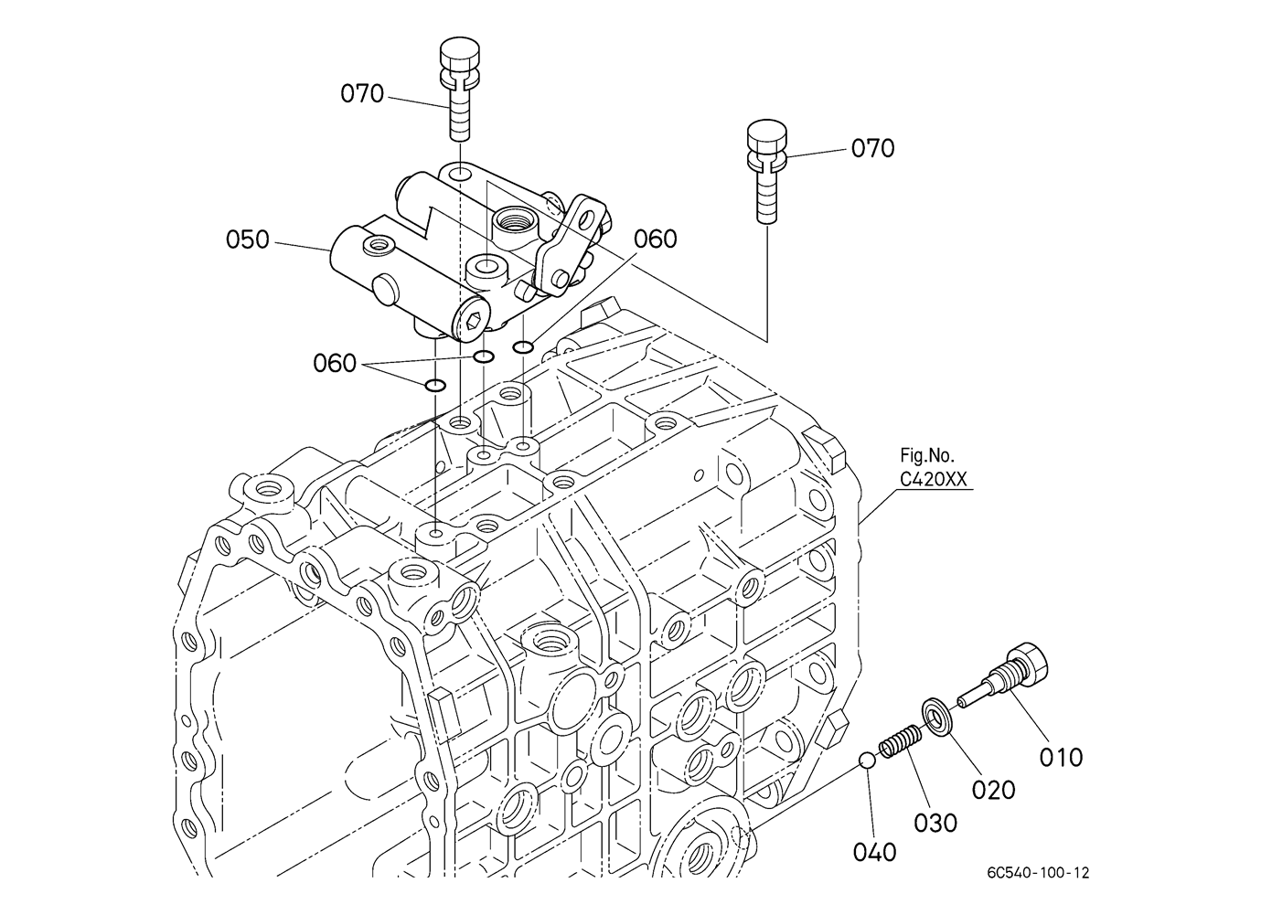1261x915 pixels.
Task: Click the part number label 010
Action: [1061, 758]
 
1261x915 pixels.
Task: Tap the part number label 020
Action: [994, 790]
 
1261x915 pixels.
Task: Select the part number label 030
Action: [935, 824]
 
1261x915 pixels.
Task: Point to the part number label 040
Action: [874, 853]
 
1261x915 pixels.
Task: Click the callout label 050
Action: [248, 239]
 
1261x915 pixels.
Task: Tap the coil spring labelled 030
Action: [900, 740]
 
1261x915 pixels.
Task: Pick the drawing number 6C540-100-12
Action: [1039, 873]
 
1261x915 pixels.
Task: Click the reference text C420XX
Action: [933, 479]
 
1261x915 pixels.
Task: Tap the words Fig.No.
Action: [927, 454]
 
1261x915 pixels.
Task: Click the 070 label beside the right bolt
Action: [872, 149]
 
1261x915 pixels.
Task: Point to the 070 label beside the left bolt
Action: [362, 93]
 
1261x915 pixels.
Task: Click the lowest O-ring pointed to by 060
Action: [435, 386]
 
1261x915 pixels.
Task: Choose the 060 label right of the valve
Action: [656, 239]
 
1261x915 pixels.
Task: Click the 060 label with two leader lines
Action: [335, 363]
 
